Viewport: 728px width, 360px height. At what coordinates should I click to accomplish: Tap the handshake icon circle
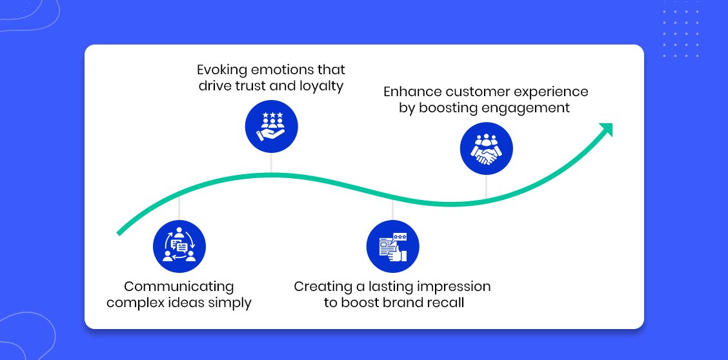[486, 148]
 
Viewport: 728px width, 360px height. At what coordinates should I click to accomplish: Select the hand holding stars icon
[271, 126]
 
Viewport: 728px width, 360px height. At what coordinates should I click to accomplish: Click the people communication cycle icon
[179, 246]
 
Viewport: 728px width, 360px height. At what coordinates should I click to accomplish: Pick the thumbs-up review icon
[392, 247]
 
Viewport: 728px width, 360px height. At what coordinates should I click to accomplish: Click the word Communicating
[179, 286]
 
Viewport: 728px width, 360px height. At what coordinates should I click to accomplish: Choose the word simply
[228, 303]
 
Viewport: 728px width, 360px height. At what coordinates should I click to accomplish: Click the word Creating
[323, 286]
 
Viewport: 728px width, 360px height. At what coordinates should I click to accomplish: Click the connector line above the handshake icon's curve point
[486, 187]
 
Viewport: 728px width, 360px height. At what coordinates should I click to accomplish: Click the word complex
[132, 303]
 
